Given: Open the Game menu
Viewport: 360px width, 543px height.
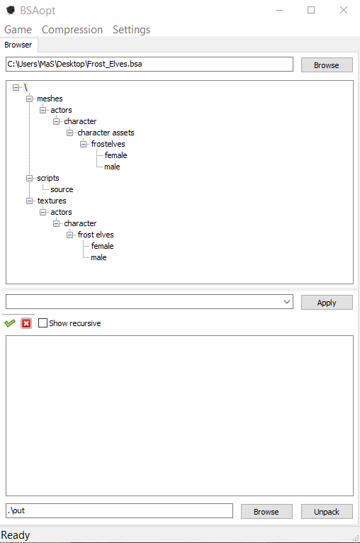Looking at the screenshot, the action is coord(18,30).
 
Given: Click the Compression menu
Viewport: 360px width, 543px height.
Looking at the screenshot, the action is coord(72,30).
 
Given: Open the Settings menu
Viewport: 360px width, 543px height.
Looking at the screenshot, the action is coord(131,30).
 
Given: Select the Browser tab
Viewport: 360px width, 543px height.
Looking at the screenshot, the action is coord(18,45).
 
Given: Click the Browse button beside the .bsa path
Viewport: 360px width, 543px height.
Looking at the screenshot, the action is coord(327,65).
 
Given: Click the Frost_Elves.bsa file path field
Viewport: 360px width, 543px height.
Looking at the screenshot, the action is coord(150,64).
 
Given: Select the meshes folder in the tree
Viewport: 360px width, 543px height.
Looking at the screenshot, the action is coord(50,99).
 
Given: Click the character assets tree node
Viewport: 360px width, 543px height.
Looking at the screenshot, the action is coord(106,133).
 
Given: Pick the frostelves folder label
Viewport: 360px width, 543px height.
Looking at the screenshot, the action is coord(108,144).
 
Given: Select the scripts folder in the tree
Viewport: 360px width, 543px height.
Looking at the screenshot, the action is coord(48,178).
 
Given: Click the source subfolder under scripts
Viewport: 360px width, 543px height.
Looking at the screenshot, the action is coord(62,189).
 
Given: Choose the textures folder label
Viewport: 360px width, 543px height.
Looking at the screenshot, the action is coord(52,201).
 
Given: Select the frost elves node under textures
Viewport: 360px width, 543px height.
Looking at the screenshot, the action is coord(96,235).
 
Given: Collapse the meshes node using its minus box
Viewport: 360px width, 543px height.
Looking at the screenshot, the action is coord(30,99).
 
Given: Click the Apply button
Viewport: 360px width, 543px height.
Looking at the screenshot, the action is coord(327,303).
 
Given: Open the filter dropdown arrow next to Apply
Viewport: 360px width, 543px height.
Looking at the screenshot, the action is coord(287,302).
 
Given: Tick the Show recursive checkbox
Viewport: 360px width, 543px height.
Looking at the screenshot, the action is coord(43,323).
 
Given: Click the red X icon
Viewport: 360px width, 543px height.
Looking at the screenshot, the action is coord(26,323).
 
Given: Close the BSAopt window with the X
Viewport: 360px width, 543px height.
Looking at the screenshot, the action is coord(344,10).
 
